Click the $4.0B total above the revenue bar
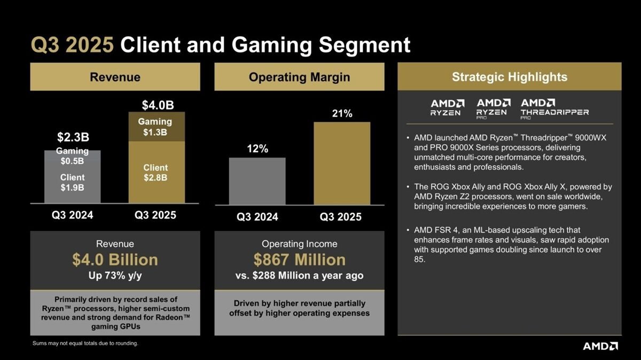pos(158,105)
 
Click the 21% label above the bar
pos(342,114)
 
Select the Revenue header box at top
pos(115,77)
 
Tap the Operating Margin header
pos(299,77)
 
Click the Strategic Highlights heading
pos(510,77)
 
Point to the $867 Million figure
pos(299,260)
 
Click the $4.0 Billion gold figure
pos(115,260)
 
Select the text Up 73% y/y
pos(115,276)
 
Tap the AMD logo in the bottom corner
pos(600,346)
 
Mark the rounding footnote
pos(85,343)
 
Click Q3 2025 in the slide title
pos(72,45)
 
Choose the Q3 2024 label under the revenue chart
pos(73,215)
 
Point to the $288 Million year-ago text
pos(299,276)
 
